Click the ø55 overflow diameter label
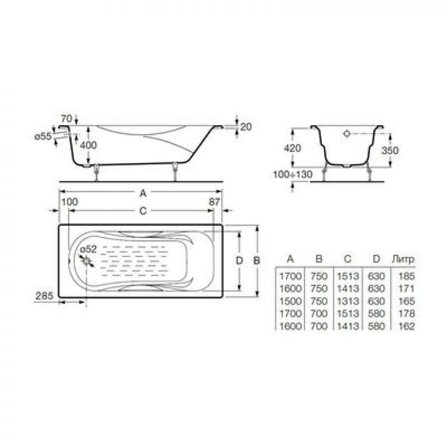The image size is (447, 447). [43, 136]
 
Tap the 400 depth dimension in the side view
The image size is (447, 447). [88, 145]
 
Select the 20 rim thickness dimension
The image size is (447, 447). [246, 127]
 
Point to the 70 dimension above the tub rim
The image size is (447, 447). [67, 118]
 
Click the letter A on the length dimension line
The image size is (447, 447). [143, 193]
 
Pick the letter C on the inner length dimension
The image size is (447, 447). [143, 211]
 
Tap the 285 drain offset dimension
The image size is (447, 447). [44, 295]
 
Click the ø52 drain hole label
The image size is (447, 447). [89, 249]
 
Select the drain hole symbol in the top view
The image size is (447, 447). [87, 261]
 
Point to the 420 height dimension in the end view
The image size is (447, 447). [292, 148]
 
